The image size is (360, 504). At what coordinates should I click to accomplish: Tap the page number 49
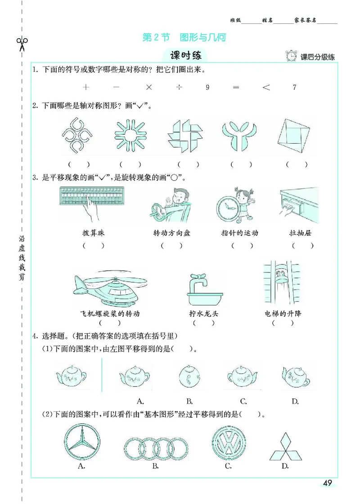coord(327,483)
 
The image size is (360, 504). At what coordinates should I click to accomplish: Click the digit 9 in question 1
coord(207,87)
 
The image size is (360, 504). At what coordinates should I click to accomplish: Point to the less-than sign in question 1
coord(266,87)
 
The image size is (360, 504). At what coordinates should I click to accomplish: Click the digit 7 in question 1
coord(294,87)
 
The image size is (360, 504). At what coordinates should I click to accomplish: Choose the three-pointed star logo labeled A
coord(82,443)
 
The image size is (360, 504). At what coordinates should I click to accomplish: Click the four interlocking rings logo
coord(155,448)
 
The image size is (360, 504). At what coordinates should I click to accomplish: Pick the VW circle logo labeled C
coord(228,443)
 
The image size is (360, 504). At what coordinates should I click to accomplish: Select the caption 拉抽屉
coord(302,233)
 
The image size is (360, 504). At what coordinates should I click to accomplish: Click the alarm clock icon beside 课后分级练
coord(291,56)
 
